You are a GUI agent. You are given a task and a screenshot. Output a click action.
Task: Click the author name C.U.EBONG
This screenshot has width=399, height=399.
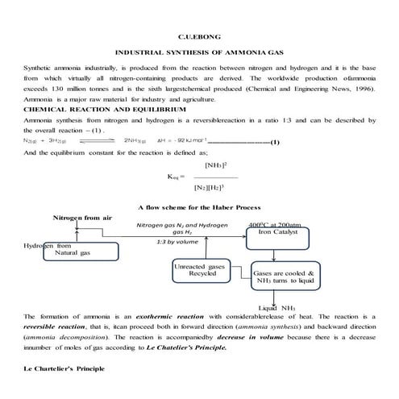pos(199,35)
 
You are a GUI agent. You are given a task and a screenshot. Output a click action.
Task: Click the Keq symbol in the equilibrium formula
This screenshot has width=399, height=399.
pos(176,177)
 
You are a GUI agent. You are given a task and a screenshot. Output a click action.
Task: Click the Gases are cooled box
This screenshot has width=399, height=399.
pos(288,276)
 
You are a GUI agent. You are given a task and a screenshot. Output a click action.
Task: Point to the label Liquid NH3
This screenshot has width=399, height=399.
pos(276,307)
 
